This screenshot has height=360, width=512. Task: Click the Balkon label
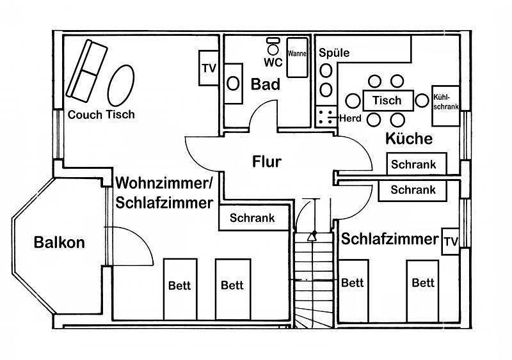60,242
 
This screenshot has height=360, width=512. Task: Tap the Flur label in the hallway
266,161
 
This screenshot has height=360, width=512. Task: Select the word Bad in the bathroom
265,84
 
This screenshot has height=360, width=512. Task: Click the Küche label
410,139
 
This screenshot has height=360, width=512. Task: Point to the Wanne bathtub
297,56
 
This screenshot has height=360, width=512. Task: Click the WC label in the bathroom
273,63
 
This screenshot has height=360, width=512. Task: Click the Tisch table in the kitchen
387,100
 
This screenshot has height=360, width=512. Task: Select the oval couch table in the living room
121,85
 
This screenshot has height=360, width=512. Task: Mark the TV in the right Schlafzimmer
451,241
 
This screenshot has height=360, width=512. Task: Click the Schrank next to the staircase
252,218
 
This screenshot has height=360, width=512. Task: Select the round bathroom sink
234,82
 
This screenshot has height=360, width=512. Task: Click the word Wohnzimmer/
164,184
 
